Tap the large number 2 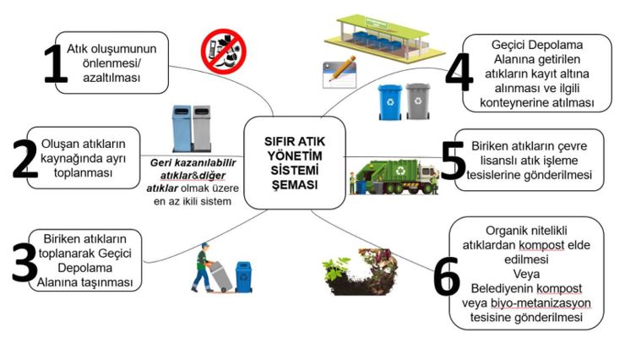pos(24,155)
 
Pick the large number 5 pos(453,161)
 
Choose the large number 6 pos(446,272)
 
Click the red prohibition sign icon pos(223,52)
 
